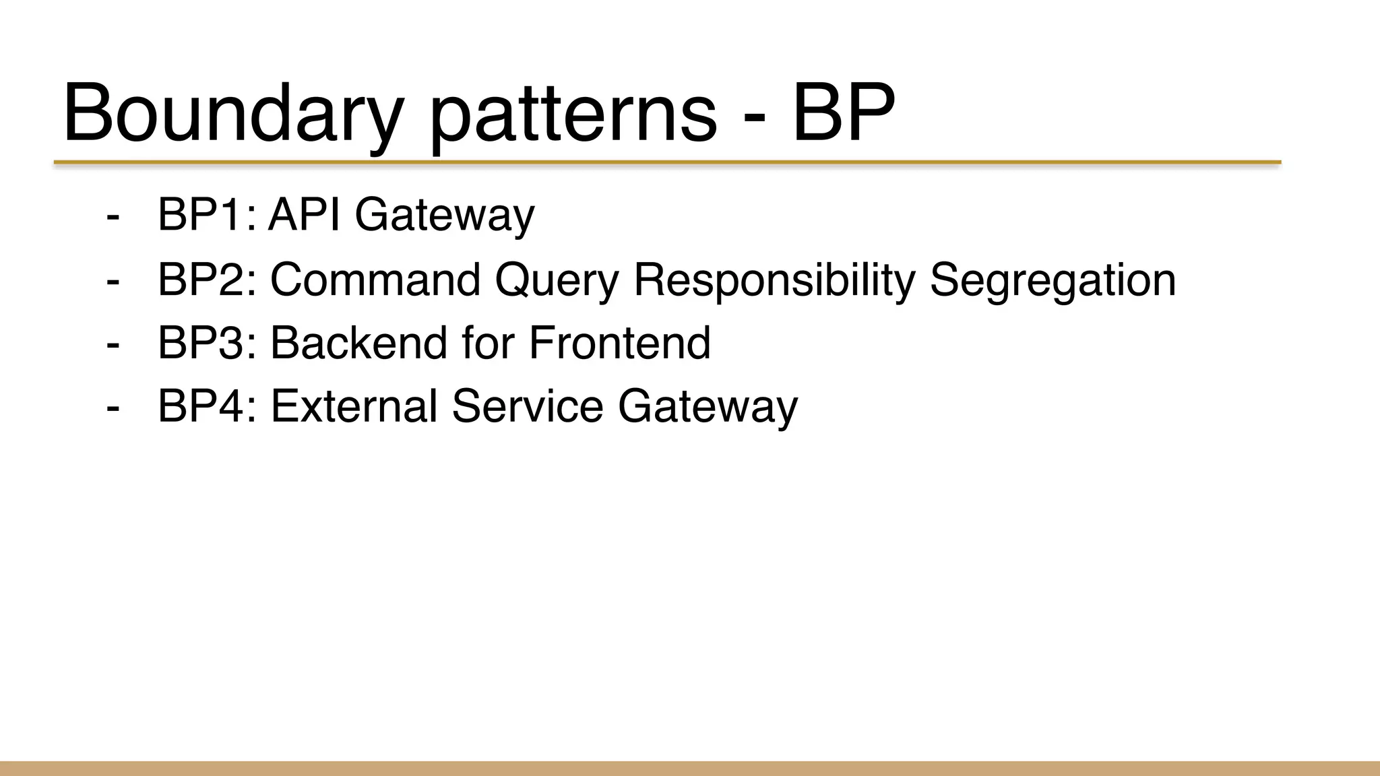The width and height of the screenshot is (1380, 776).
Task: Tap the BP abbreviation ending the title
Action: tap(844, 113)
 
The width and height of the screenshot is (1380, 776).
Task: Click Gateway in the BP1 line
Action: tap(444, 216)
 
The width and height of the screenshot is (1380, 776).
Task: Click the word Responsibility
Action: tap(774, 280)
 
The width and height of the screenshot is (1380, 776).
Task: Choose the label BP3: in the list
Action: tap(207, 342)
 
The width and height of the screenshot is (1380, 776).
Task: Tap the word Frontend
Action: tap(619, 342)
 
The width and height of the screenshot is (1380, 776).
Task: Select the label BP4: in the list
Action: tap(207, 406)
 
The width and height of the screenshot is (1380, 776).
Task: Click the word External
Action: tap(354, 406)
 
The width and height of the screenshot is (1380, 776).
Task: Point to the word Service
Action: tap(527, 406)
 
